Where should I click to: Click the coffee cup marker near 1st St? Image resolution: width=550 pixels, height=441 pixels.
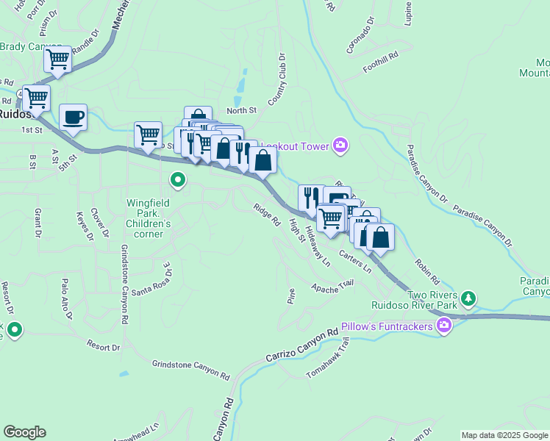pos(73,117)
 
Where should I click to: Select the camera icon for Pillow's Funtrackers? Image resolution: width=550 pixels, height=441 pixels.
pos(443,325)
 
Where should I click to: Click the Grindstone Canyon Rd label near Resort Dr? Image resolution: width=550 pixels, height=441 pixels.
pos(190,367)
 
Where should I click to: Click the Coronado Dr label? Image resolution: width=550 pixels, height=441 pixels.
pos(360,42)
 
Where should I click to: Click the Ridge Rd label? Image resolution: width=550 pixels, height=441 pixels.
pos(267,214)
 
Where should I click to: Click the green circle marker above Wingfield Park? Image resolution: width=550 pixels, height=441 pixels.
pos(177,179)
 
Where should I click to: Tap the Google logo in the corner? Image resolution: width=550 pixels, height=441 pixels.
pos(24,432)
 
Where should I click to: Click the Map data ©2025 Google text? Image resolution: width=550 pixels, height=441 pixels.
pos(504,435)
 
